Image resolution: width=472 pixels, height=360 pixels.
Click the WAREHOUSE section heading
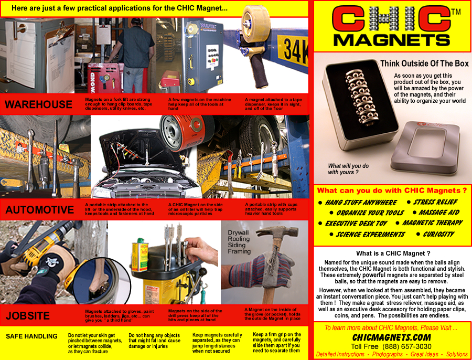click(38, 104)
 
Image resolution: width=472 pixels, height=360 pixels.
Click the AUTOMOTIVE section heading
click(39, 209)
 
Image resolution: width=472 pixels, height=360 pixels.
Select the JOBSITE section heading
click(27, 315)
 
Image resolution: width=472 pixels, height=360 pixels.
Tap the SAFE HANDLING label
click(31, 336)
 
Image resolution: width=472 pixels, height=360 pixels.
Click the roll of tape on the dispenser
click(255, 24)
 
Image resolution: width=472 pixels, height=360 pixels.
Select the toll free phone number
click(391, 346)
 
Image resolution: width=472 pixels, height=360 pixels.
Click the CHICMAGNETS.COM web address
click(391, 337)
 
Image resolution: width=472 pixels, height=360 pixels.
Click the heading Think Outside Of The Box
click(424, 63)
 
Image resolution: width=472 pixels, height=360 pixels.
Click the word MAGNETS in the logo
click(392, 40)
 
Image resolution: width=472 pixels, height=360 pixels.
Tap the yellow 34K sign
click(293, 50)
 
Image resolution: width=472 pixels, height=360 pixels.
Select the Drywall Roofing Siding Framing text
click(239, 242)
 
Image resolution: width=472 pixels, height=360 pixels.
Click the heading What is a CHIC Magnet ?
click(393, 253)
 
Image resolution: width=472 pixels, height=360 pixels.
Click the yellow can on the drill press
click(140, 255)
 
